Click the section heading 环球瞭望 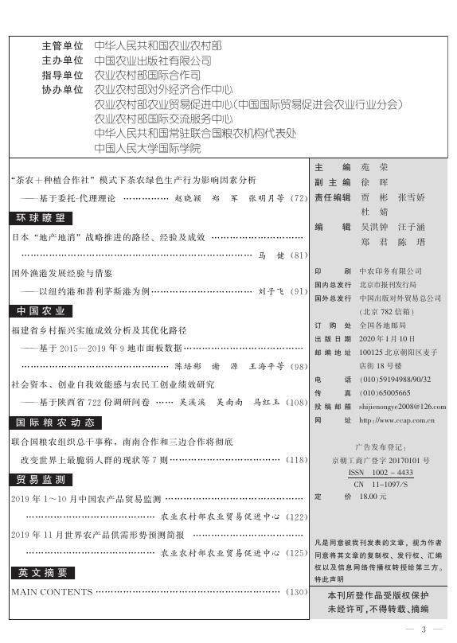42,217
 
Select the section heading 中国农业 42,310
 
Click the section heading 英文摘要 42,572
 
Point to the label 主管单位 62,46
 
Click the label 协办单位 62,90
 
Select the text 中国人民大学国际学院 147,148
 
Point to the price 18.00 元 373,496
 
